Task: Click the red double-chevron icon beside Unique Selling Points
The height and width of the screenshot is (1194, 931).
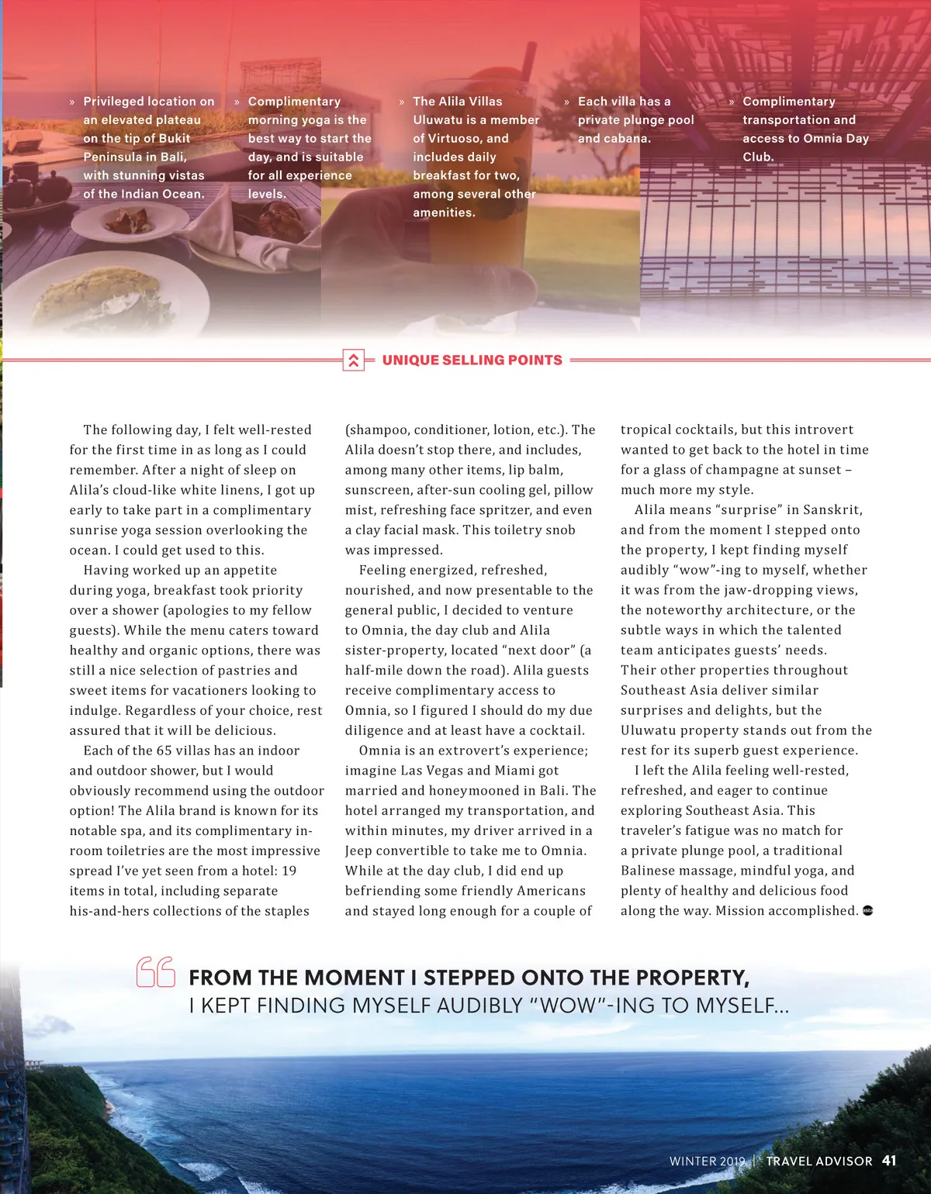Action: tap(353, 360)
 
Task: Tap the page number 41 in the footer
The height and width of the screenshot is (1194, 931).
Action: tap(889, 1161)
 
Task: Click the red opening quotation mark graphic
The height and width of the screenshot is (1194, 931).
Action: tap(156, 972)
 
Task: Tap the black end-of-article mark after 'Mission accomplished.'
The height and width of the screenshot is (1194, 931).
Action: tap(867, 911)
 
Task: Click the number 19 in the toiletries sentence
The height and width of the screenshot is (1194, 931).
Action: tap(289, 871)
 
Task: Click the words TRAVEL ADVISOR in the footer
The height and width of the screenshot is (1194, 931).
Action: tap(819, 1161)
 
